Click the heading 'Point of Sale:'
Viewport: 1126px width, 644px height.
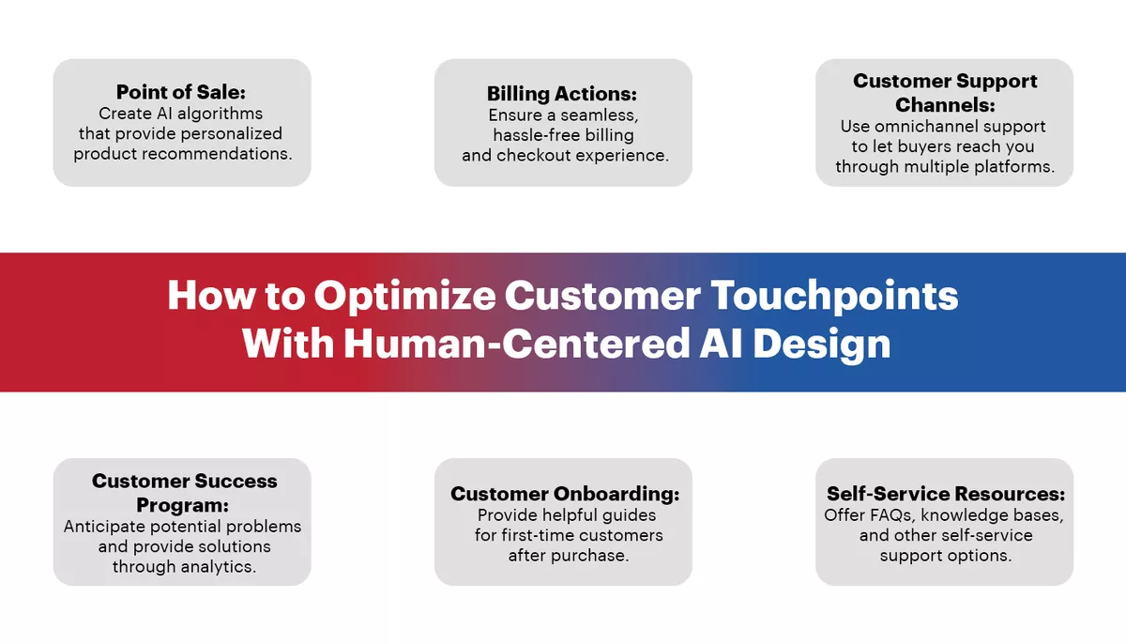coord(181,92)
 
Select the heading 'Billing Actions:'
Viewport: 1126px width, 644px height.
coord(562,94)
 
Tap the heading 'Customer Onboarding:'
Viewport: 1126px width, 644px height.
coord(564,494)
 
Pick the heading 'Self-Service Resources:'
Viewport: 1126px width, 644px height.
coord(944,494)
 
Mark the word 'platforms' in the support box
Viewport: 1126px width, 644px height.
coord(1017,167)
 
